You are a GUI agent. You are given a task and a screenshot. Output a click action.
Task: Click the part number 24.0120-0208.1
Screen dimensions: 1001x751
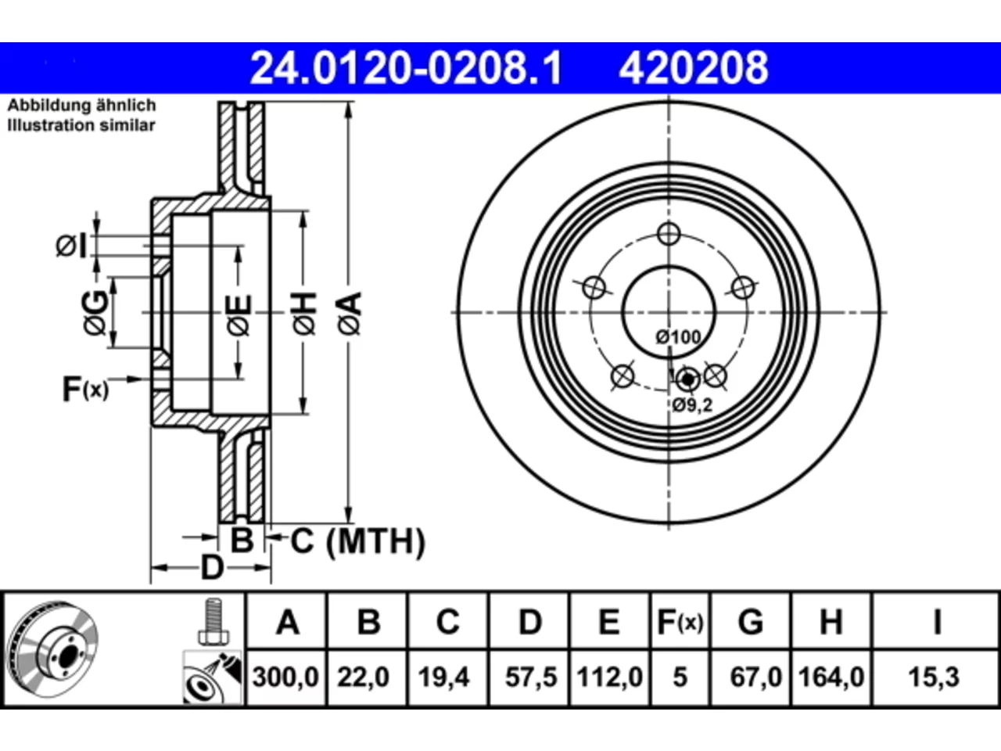pyautogui.click(x=406, y=68)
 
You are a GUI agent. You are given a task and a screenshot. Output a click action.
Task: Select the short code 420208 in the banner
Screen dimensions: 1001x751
pyautogui.click(x=693, y=68)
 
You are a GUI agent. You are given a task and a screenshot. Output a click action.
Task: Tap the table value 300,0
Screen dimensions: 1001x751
pyautogui.click(x=285, y=677)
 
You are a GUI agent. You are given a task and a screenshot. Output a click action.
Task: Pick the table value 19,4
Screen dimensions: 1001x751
pyautogui.click(x=443, y=677)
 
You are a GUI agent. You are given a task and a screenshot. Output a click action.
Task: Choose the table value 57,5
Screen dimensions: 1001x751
pyautogui.click(x=531, y=677)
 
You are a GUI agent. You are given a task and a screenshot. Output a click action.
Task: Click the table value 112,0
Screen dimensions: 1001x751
pyautogui.click(x=610, y=677)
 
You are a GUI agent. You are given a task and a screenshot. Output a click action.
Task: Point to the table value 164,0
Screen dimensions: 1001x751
pyautogui.click(x=831, y=677)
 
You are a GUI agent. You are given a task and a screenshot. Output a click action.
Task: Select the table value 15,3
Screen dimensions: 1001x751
pyautogui.click(x=934, y=677)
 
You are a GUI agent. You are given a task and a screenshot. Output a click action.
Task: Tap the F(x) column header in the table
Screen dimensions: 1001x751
pyautogui.click(x=680, y=623)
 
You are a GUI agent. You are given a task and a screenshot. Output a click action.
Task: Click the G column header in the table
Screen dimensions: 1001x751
pyautogui.click(x=751, y=623)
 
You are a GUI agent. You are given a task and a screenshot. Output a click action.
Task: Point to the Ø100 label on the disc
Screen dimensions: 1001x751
pyautogui.click(x=678, y=337)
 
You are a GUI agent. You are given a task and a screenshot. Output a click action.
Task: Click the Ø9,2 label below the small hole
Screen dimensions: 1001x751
pyautogui.click(x=692, y=404)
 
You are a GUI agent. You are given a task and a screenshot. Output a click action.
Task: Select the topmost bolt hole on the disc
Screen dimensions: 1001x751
pyautogui.click(x=669, y=234)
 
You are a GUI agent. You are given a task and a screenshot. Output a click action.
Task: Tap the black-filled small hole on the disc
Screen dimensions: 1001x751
pyautogui.click(x=687, y=379)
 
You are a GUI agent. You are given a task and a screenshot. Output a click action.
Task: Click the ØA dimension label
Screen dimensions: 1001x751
pyautogui.click(x=350, y=313)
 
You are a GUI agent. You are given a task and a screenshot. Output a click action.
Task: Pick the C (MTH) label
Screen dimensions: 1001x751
pyautogui.click(x=357, y=541)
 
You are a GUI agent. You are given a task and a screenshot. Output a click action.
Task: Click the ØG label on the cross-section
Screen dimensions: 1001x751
pyautogui.click(x=95, y=313)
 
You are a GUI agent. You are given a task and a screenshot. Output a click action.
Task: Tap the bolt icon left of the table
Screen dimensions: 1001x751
pyautogui.click(x=213, y=621)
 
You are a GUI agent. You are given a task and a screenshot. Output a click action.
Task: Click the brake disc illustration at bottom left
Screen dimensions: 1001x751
pyautogui.click(x=52, y=649)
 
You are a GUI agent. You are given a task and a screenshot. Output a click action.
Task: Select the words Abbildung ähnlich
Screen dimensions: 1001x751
pyautogui.click(x=81, y=106)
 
